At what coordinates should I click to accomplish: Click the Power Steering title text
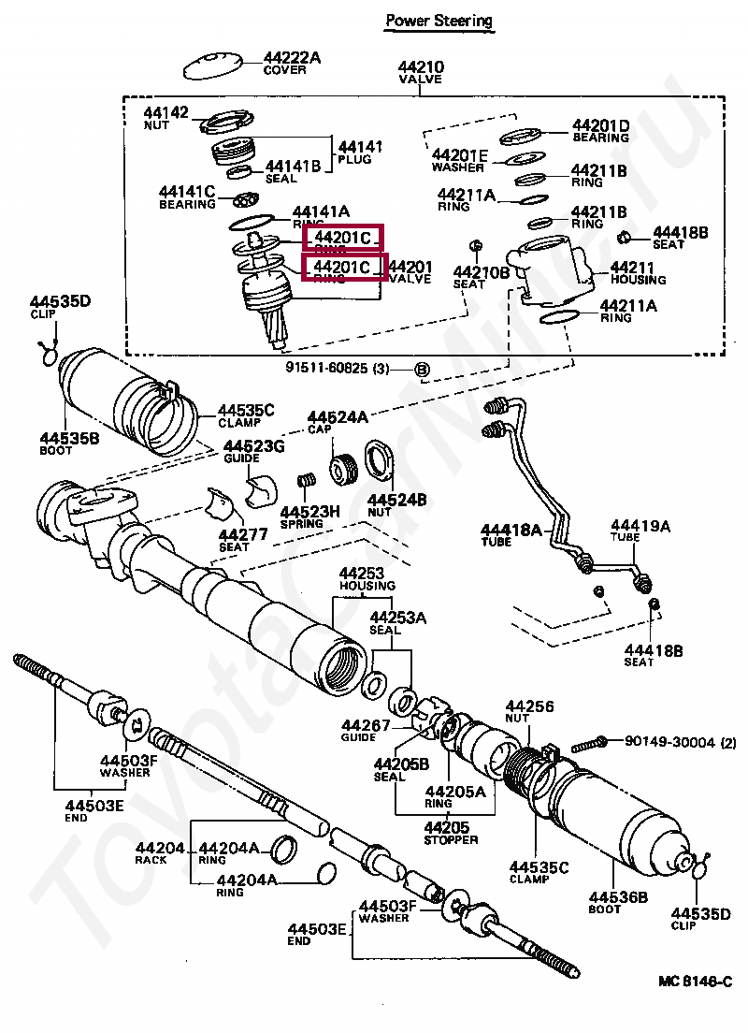pyautogui.click(x=439, y=20)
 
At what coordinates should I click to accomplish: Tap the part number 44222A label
pyautogui.click(x=291, y=58)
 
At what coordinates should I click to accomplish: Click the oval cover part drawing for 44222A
pyautogui.click(x=210, y=67)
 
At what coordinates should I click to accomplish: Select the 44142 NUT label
pyautogui.click(x=165, y=118)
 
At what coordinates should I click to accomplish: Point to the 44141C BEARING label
pyautogui.click(x=187, y=196)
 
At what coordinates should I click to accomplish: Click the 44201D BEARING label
pyautogui.click(x=600, y=131)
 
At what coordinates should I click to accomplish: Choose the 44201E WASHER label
pyautogui.click(x=459, y=160)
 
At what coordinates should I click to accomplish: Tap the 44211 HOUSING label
pyautogui.click(x=638, y=272)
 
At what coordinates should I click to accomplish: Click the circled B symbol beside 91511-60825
pyautogui.click(x=421, y=371)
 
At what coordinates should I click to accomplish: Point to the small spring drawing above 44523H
pyautogui.click(x=303, y=484)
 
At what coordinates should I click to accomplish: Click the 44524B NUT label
pyautogui.click(x=396, y=506)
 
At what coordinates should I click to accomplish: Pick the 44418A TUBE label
pyautogui.click(x=511, y=535)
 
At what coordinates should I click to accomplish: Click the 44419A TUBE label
pyautogui.click(x=640, y=531)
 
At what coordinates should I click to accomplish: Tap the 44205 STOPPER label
pyautogui.click(x=451, y=833)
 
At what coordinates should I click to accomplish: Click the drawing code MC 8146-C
pyautogui.click(x=695, y=982)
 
